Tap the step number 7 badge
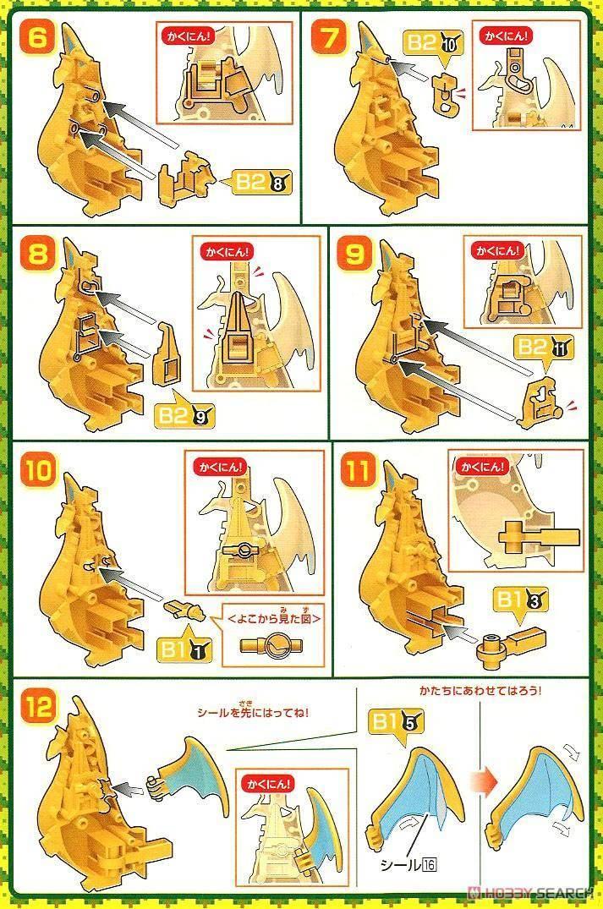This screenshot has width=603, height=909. coord(329,38)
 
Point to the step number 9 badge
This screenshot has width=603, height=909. coord(354,254)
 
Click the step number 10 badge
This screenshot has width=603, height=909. coord(38,469)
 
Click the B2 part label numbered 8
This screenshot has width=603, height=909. coord(262,182)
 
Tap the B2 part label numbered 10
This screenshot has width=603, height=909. coord(435,44)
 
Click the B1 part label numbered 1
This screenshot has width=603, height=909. coord(185,650)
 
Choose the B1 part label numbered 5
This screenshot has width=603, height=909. coord(397,722)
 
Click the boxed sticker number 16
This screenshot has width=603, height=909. coord(429,865)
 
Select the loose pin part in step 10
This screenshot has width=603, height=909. coord(184,610)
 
